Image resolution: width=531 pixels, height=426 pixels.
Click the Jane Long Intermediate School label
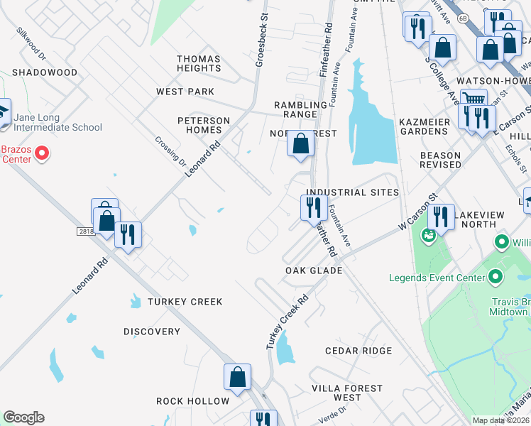(56, 121)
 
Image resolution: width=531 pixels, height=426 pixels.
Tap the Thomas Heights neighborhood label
(199, 63)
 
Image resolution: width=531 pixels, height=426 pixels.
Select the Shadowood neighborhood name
(44, 72)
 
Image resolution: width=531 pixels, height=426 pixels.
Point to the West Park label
(185, 92)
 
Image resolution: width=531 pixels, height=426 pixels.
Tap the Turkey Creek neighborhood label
(185, 302)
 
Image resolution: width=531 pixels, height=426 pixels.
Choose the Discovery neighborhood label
(152, 332)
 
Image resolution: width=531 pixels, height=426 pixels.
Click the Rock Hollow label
(192, 401)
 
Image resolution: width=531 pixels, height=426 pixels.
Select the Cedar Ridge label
(358, 351)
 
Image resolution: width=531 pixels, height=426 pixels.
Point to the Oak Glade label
(314, 271)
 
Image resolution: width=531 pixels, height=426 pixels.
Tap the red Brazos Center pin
(41, 153)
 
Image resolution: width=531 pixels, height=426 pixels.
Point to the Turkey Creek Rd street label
(288, 321)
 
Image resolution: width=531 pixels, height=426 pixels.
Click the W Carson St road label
(416, 213)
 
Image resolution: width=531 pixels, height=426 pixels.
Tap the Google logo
(23, 417)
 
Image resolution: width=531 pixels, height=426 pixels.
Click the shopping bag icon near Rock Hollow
(237, 377)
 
